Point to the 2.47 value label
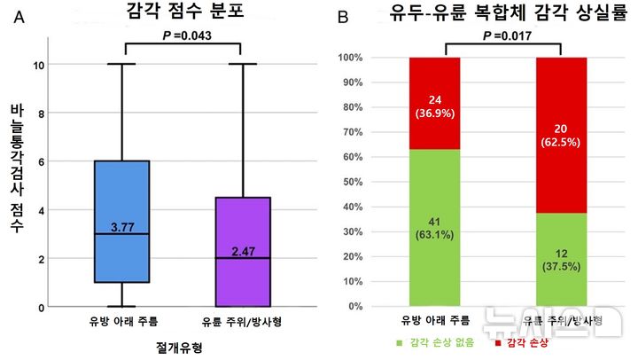coord(242,252)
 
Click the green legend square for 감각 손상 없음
coord(400,342)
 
